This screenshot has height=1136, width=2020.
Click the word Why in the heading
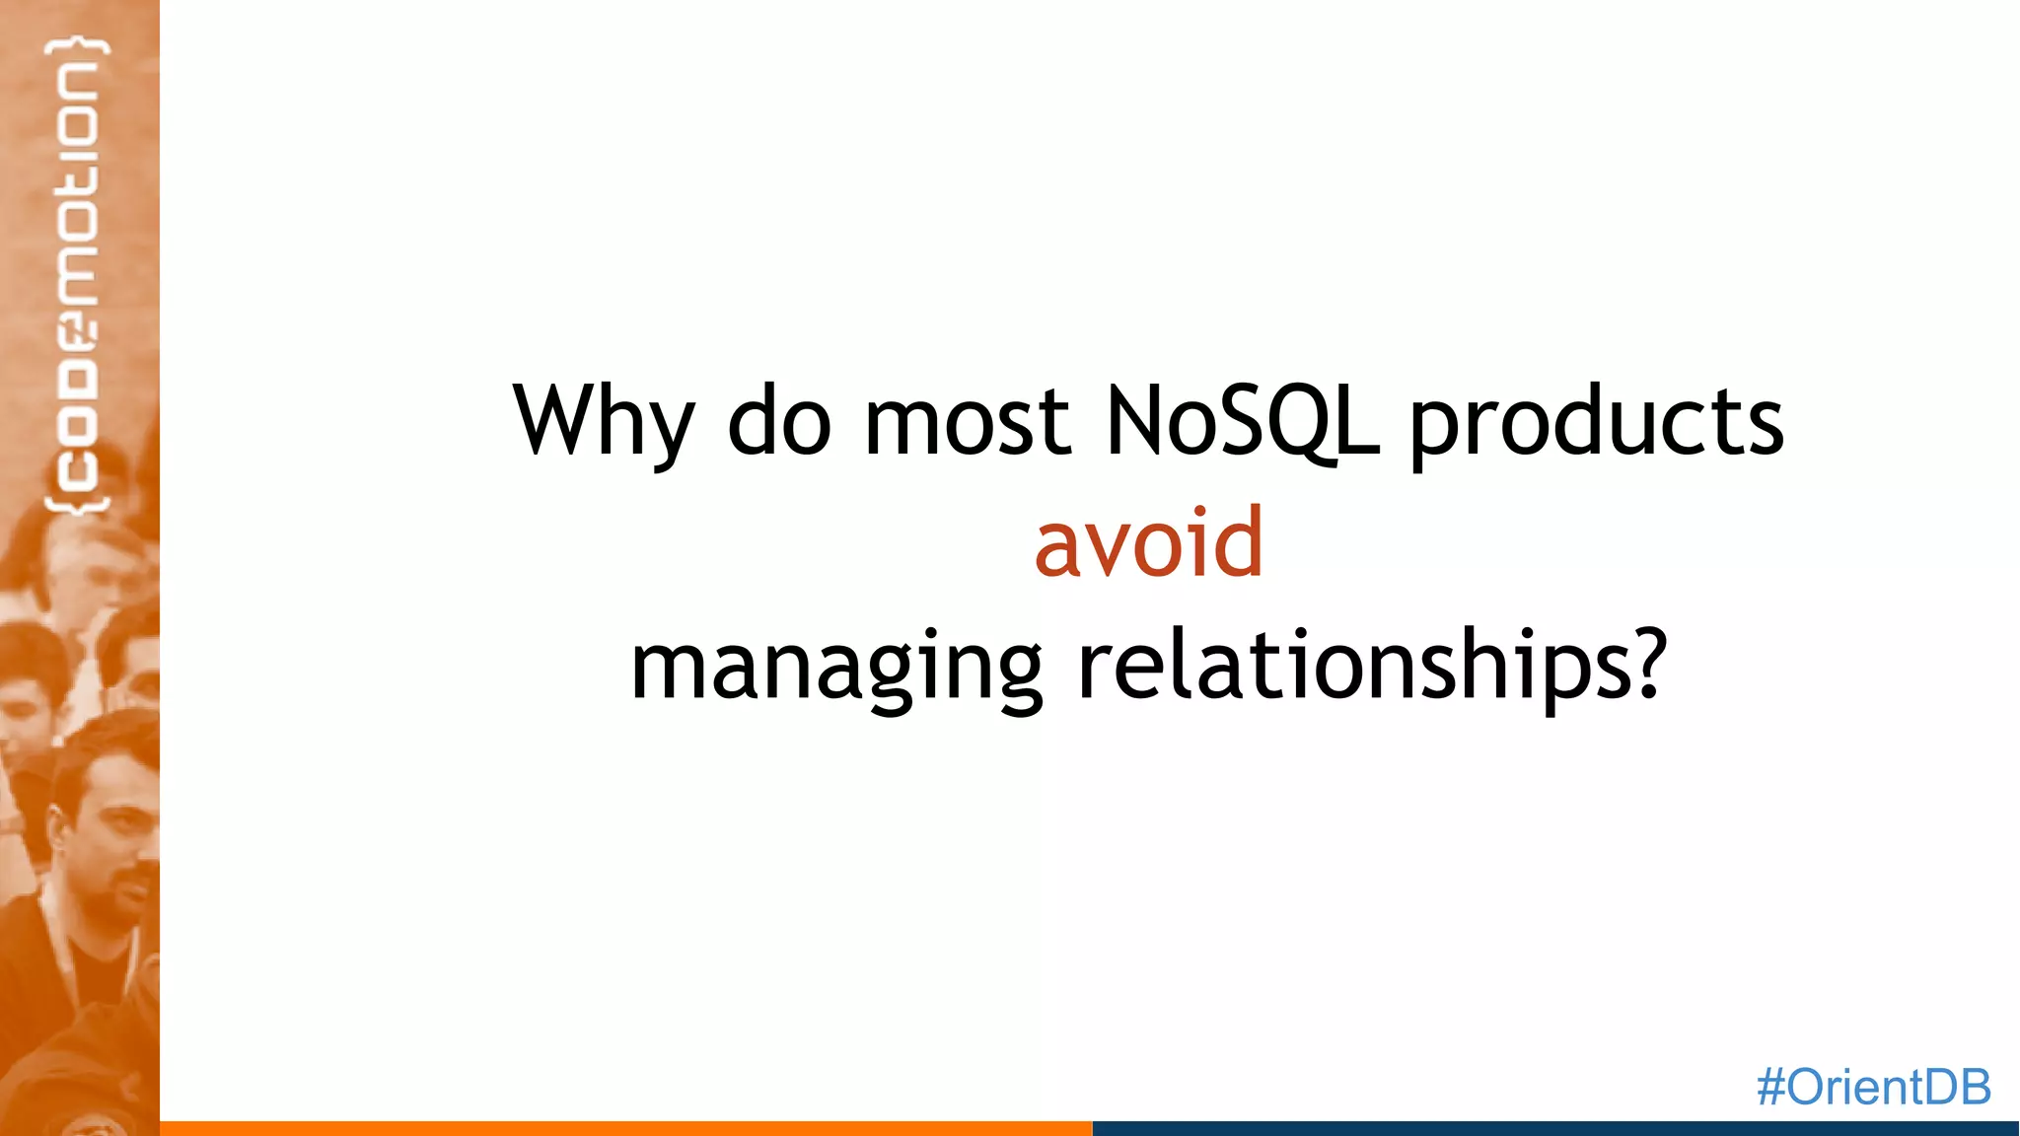[603, 422]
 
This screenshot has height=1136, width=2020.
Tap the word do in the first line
[779, 422]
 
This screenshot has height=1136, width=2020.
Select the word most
[967, 422]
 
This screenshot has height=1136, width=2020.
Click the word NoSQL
[1241, 422]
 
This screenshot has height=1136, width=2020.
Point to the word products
[1596, 422]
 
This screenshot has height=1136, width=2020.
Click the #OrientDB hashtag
[1873, 1087]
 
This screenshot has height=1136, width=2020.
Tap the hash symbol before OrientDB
[1771, 1088]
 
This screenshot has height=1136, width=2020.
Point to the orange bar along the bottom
[625, 1128]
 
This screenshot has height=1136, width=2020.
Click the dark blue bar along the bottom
[1554, 1128]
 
